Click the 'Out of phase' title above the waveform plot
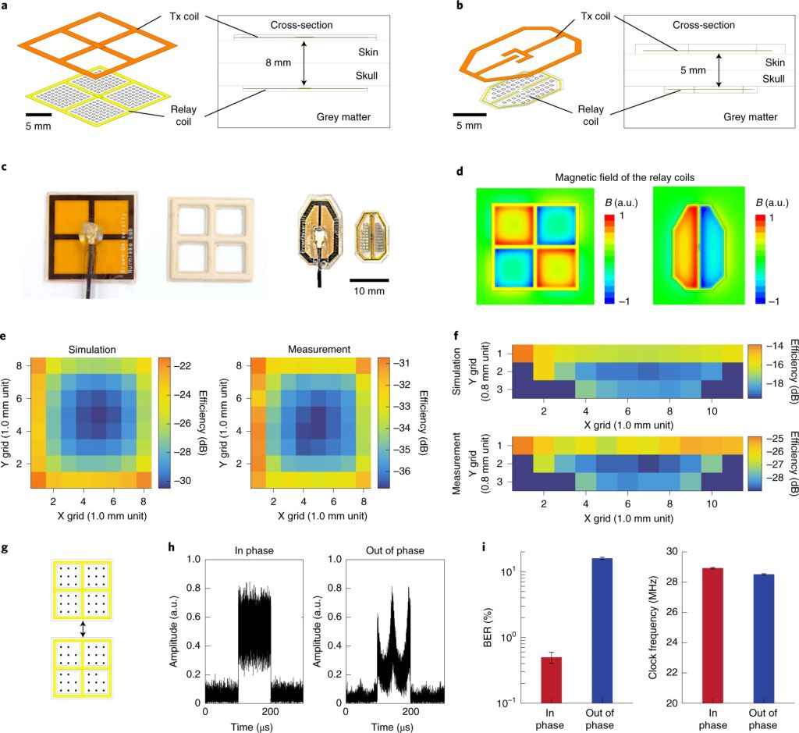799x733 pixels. [396, 550]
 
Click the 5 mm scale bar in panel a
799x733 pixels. [38, 114]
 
